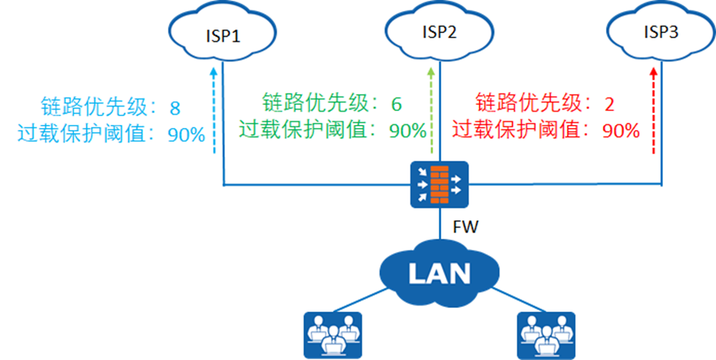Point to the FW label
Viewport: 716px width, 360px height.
[466, 227]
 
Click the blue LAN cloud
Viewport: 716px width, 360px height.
[439, 273]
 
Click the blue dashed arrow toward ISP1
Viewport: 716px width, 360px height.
[213, 110]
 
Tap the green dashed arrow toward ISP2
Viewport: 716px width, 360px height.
[431, 110]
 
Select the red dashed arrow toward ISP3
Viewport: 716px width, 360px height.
[653, 110]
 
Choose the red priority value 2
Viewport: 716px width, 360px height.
[609, 103]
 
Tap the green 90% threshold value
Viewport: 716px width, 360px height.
[408, 131]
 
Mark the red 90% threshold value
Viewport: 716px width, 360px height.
[621, 131]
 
